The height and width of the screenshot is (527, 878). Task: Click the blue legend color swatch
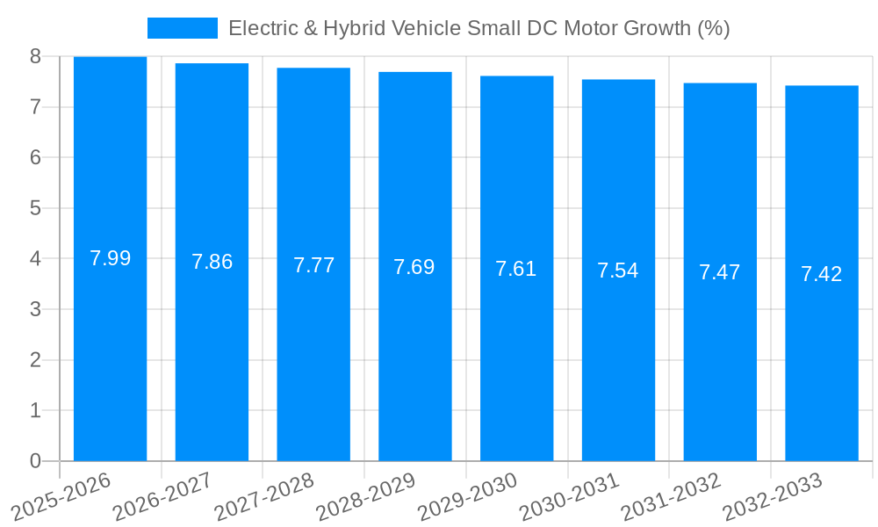click(x=182, y=28)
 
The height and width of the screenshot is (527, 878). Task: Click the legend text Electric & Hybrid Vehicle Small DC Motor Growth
click(x=479, y=28)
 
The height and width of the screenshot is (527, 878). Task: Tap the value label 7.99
click(x=110, y=258)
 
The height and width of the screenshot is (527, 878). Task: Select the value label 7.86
click(x=212, y=262)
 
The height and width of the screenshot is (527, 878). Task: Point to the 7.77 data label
click(x=313, y=265)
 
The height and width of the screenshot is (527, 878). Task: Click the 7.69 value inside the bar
click(x=414, y=267)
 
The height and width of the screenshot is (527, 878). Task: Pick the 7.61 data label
click(x=516, y=269)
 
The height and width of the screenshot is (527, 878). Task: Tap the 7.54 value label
click(x=618, y=271)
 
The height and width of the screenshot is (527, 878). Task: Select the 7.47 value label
click(x=720, y=272)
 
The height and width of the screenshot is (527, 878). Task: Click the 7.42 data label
click(x=822, y=274)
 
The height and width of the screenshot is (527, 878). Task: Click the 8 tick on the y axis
click(x=35, y=56)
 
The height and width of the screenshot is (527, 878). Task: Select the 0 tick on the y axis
click(x=35, y=461)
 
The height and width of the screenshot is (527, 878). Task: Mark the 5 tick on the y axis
click(x=35, y=208)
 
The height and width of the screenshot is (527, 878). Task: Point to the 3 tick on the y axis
click(x=35, y=309)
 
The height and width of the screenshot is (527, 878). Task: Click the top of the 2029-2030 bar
click(x=516, y=76)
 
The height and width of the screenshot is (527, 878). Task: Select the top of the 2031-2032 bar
click(x=720, y=83)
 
